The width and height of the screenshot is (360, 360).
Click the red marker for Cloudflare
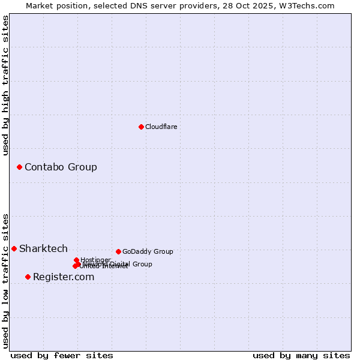pyautogui.click(x=141, y=127)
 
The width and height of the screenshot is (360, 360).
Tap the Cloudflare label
pyautogui.click(x=161, y=127)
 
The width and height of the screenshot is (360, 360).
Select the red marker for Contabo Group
pyautogui.click(x=19, y=167)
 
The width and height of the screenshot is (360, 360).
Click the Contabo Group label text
pyautogui.click(x=61, y=167)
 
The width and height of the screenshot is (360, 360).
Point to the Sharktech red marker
pyautogui.click(x=14, y=248)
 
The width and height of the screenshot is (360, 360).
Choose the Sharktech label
pyautogui.click(x=43, y=248)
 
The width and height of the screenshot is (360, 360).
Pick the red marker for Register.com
pyautogui.click(x=28, y=277)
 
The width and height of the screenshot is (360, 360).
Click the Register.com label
pyautogui.click(x=64, y=277)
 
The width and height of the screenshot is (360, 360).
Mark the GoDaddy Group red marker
pyautogui.click(x=118, y=251)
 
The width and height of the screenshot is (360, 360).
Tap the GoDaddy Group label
pyautogui.click(x=148, y=251)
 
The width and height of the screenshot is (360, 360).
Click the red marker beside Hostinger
pyautogui.click(x=76, y=260)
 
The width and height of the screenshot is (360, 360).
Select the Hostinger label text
pyautogui.click(x=95, y=260)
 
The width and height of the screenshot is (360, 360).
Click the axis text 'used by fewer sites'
pyautogui.click(x=62, y=355)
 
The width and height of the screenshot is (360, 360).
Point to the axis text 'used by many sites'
pyautogui.click(x=301, y=355)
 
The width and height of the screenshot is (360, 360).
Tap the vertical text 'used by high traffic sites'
pyautogui.click(x=5, y=85)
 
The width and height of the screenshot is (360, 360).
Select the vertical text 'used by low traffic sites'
pyautogui.click(x=5, y=280)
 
